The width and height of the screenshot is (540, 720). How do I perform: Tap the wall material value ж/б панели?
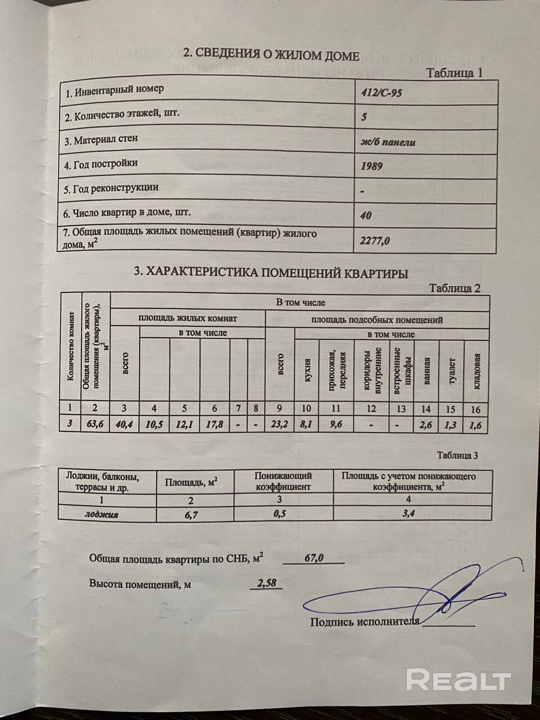pyautogui.click(x=388, y=142)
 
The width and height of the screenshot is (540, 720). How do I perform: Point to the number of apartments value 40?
pyautogui.click(x=365, y=215)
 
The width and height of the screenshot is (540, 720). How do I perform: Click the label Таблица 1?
pyautogui.click(x=455, y=73)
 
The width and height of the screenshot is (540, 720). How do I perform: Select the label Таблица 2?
pyautogui.click(x=454, y=288)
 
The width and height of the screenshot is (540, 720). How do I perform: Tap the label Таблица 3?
pyautogui.click(x=457, y=455)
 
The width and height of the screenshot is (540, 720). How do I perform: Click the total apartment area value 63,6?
pyautogui.click(x=96, y=425)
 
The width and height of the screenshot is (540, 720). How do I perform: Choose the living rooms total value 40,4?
pyautogui.click(x=124, y=425)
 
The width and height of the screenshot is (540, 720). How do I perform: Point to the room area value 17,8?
pyautogui.click(x=215, y=425)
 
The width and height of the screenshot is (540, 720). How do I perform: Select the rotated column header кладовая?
pyautogui.click(x=477, y=372)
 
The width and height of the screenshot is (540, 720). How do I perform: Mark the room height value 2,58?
pyautogui.click(x=266, y=584)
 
